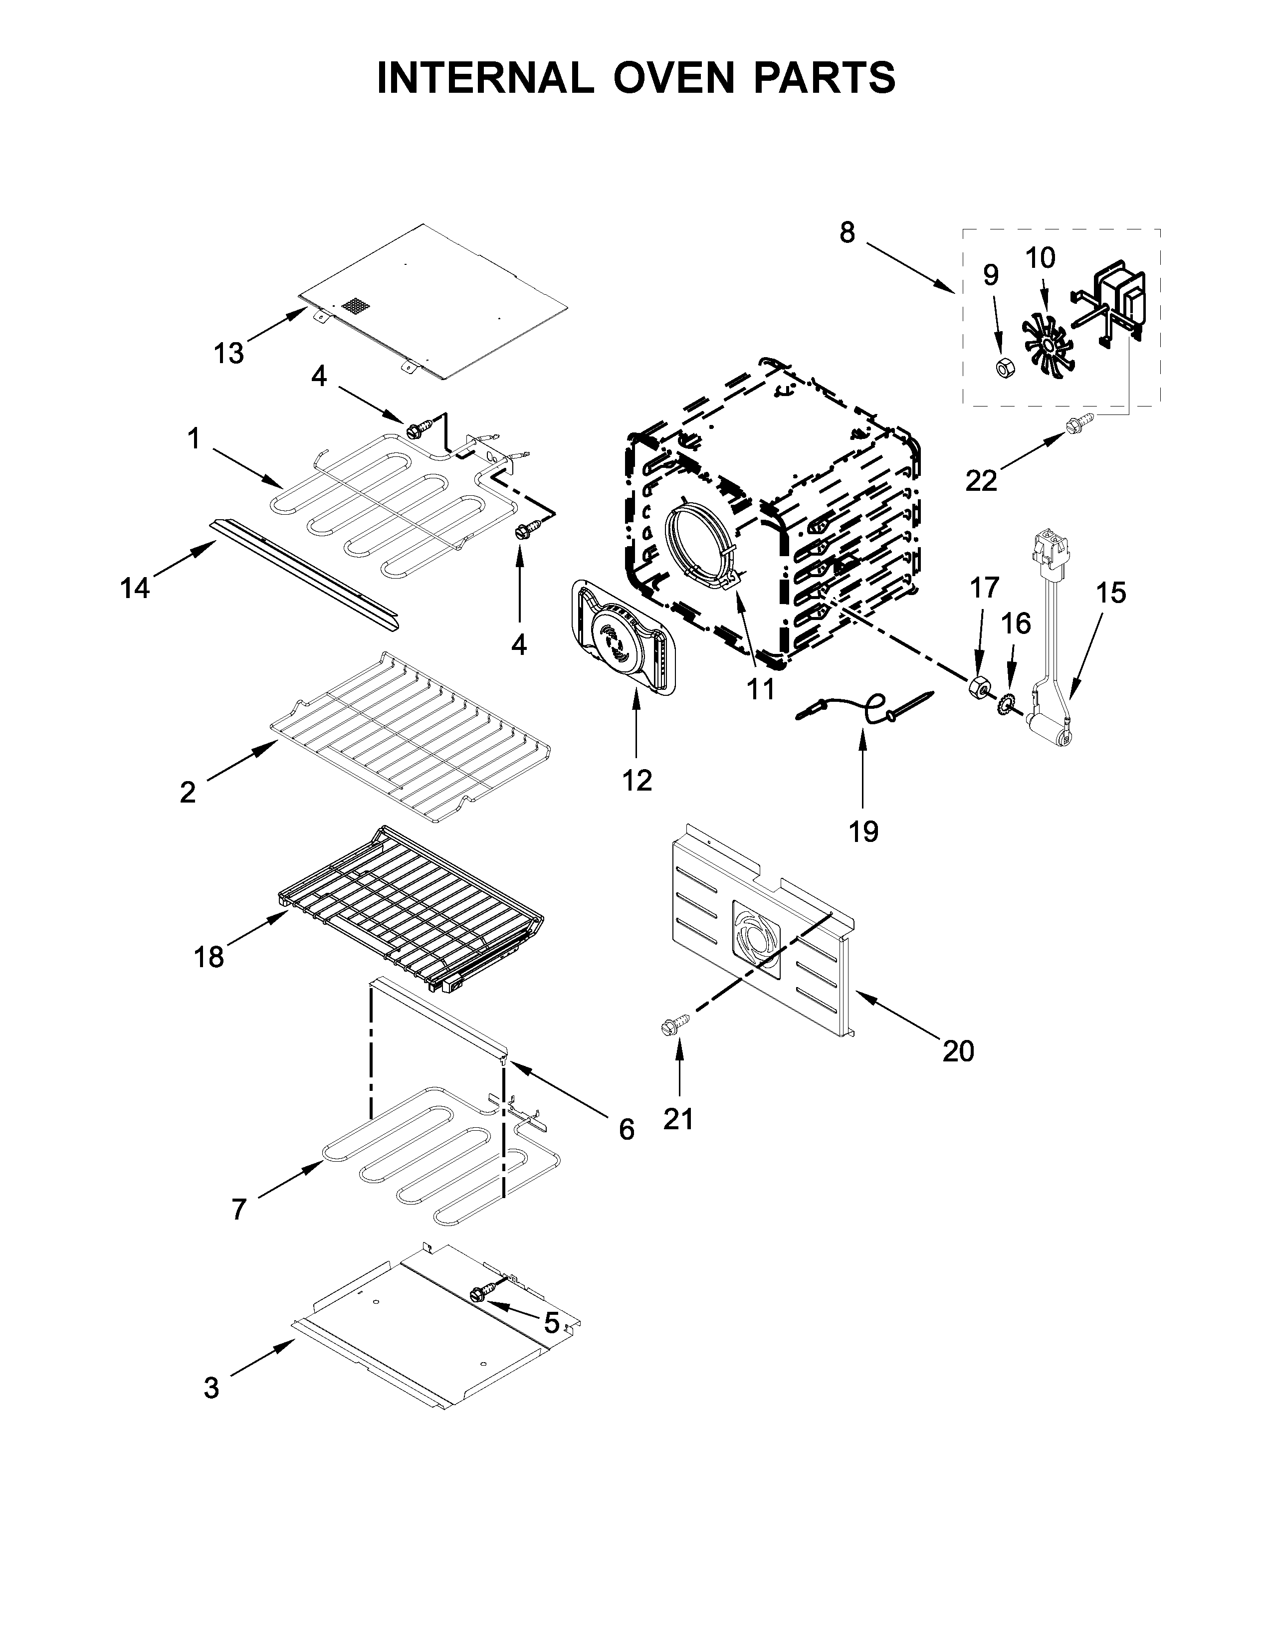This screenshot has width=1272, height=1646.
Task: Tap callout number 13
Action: pos(228,353)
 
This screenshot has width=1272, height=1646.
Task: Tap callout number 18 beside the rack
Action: pos(209,957)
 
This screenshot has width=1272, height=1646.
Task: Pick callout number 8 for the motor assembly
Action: pos(848,233)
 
